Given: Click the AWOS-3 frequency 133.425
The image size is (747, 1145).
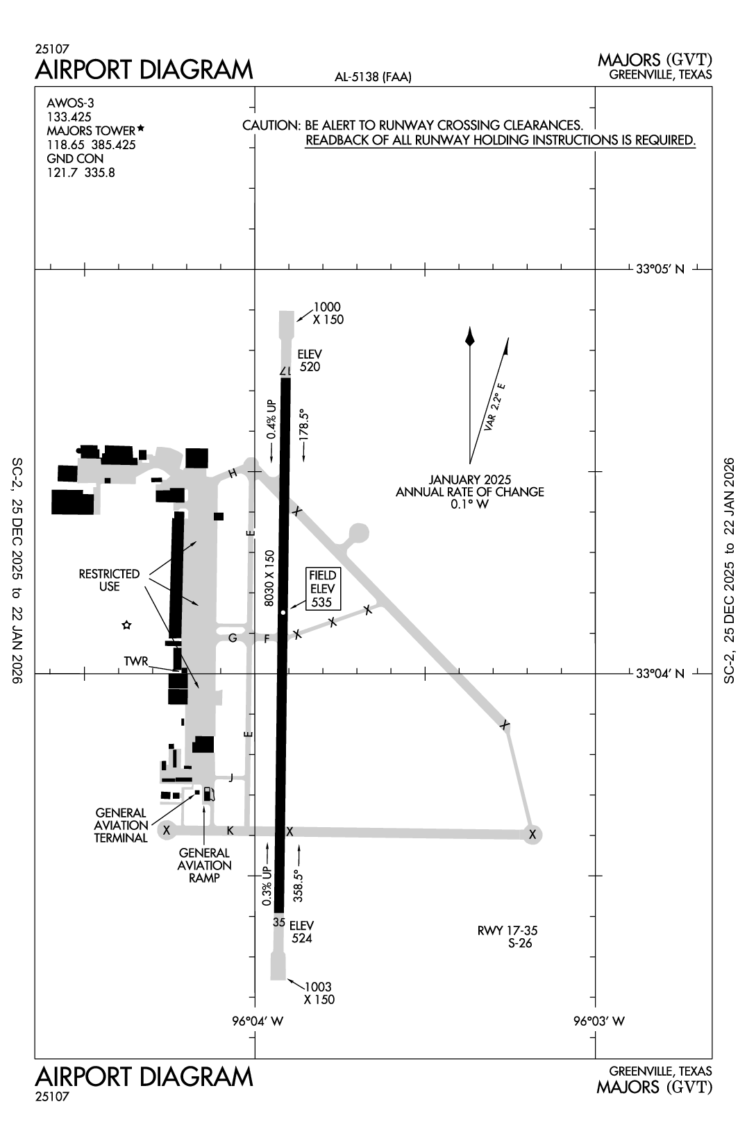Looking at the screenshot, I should [69, 117].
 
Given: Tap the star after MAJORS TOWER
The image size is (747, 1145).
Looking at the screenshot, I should [141, 128].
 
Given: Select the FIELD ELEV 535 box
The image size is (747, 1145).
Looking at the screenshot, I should [322, 588].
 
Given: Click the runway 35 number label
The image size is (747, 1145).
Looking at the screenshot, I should [279, 922].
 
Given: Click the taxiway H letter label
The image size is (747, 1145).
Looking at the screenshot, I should [233, 473].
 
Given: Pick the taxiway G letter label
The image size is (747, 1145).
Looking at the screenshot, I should [233, 638].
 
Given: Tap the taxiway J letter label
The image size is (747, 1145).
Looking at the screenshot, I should [231, 777].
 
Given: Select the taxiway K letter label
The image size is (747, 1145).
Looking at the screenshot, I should [230, 831].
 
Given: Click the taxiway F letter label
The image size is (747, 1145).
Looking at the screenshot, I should [266, 638].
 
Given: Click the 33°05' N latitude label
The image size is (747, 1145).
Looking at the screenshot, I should [660, 269].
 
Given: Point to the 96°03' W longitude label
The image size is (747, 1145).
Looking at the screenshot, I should [598, 1021].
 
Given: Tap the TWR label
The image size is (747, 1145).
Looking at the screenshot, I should [136, 661].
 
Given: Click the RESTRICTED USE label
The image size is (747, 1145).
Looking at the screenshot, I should [109, 580].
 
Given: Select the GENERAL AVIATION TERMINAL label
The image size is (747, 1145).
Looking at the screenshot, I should [121, 825].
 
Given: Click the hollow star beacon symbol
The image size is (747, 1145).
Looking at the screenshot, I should [126, 625].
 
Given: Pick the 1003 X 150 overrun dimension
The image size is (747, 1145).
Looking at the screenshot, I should [319, 993].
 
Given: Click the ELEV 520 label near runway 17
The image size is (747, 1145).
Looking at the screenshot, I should [310, 360].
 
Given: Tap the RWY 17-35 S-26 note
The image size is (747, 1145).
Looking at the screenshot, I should [507, 937].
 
